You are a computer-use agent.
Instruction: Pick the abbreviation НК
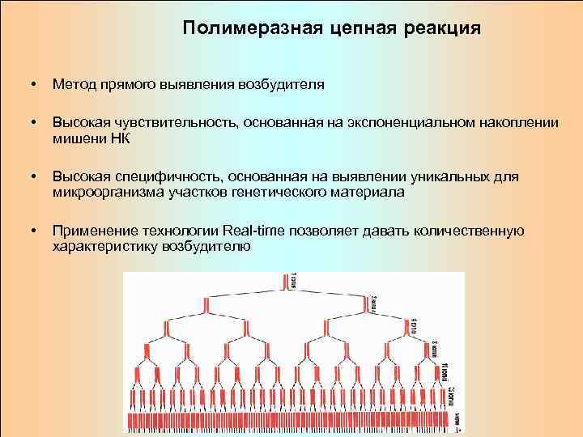pyautogui.click(x=119, y=138)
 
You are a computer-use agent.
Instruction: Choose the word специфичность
pyautogui.click(x=164, y=176)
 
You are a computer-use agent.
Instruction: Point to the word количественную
pyautogui.click(x=468, y=231)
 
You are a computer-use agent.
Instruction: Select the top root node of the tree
pyautogui.click(x=287, y=282)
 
